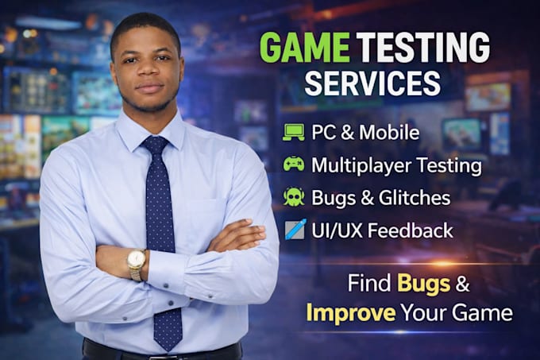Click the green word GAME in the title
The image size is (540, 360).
tap(304, 47)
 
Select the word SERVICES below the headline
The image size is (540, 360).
tap(372, 83)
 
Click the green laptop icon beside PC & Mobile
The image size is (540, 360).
tap(293, 133)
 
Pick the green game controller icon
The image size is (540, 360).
tap(294, 164)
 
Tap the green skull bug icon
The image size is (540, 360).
tap(294, 197)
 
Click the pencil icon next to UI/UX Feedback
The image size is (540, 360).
tap(295, 229)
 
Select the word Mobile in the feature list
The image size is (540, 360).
tap(389, 132)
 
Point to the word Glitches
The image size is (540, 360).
tap(415, 198)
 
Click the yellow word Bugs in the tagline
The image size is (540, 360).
tap(423, 284)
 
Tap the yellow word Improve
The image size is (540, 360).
tap(351, 312)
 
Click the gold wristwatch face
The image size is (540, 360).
tap(137, 259)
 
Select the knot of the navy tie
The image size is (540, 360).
tap(156, 145)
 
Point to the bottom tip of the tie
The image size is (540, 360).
tap(169, 351)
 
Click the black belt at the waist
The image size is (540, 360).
tap(162, 351)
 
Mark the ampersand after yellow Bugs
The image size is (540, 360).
tap(462, 283)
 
